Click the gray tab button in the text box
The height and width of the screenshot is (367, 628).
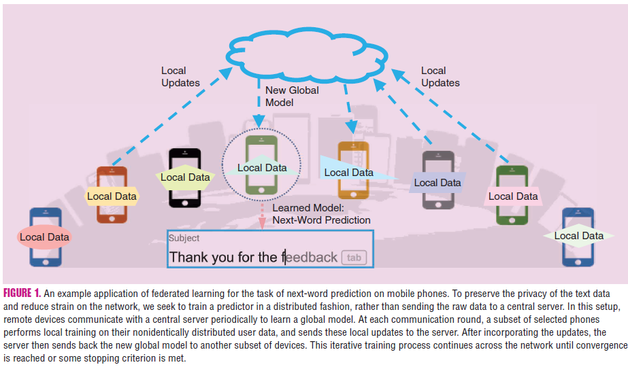click(x=354, y=258)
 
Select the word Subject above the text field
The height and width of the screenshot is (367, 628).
click(x=184, y=238)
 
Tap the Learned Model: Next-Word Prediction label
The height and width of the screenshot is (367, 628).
click(x=321, y=214)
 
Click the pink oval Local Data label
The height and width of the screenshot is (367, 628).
click(x=44, y=237)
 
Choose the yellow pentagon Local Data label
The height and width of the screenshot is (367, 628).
click(x=185, y=177)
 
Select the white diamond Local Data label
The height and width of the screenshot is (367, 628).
click(x=578, y=236)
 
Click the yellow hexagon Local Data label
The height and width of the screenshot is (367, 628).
click(x=112, y=196)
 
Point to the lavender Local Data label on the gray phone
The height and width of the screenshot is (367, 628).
click(x=437, y=182)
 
